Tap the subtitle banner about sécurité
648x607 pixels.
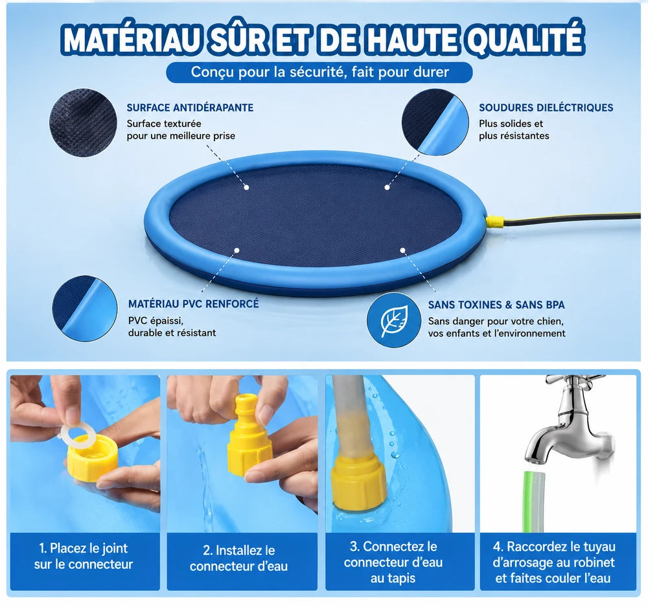click(319, 73)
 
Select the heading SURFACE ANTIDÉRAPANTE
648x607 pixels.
click(190, 108)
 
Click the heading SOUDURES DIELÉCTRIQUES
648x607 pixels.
click(546, 108)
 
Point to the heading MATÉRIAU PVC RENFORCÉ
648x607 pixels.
click(193, 304)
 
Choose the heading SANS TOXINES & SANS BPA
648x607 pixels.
click(496, 305)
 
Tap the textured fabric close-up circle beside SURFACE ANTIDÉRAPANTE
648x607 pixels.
click(83, 122)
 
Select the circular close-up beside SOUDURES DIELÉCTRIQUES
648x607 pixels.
click(435, 122)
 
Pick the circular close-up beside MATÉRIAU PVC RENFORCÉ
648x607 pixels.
click(85, 308)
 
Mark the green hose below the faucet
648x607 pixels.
click(535, 501)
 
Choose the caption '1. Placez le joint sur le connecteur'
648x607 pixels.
click(84, 556)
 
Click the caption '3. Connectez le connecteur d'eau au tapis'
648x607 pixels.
click(393, 562)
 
